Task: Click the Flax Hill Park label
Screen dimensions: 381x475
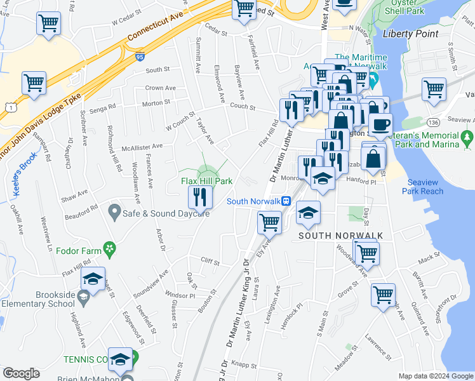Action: click(206, 182)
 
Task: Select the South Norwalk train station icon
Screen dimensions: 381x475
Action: click(286, 201)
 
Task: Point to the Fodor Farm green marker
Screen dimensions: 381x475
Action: click(109, 248)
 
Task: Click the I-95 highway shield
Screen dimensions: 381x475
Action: click(139, 57)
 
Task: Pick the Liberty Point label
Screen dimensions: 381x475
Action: click(410, 34)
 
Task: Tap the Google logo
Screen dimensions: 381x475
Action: click(21, 373)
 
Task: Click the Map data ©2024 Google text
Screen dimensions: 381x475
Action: click(435, 376)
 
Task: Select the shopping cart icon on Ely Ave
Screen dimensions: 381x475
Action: click(269, 223)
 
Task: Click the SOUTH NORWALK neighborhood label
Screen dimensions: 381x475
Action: click(341, 236)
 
